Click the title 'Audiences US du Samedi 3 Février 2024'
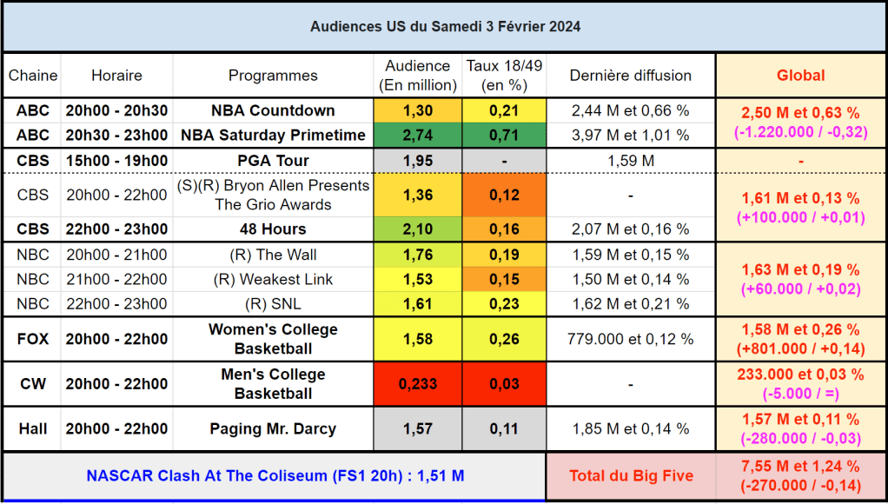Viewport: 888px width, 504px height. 445,27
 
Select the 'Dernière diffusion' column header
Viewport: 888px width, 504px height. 630,76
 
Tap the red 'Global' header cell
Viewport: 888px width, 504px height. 800,76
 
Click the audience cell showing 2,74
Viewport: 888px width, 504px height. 417,135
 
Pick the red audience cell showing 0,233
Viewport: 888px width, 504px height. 417,384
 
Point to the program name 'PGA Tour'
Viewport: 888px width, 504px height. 273,161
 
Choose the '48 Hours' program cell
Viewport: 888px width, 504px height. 273,229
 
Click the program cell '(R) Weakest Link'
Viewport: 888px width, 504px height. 273,279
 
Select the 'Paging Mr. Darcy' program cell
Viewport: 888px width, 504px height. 273,428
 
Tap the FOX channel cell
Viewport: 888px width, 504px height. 33,339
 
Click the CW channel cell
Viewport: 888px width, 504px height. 33,384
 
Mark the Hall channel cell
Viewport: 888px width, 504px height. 33,428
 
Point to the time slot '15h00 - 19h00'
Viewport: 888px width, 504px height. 116,161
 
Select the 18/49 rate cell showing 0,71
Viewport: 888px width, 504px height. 504,135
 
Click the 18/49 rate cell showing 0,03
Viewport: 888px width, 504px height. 504,384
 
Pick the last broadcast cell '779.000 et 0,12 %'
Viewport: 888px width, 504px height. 630,339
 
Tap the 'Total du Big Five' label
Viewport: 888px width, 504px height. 630,475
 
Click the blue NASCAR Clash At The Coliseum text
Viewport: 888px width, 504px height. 275,475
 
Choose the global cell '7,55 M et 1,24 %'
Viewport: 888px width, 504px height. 800,467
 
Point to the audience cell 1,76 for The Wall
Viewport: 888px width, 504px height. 417,255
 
